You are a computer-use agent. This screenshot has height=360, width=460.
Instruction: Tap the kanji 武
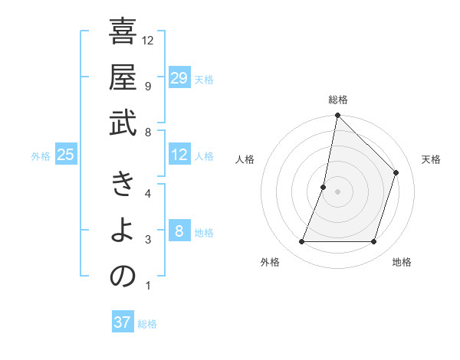[x=123, y=123]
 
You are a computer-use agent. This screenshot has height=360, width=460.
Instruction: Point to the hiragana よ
[x=123, y=231]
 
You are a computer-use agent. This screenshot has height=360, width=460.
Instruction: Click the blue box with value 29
[x=179, y=78]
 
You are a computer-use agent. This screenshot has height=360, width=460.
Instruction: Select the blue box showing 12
[x=179, y=155]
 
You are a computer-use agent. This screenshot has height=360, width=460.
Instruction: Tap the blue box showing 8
[x=179, y=232]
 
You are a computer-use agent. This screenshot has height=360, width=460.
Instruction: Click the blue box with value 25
[x=65, y=155]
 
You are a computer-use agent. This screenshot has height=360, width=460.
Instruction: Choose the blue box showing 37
[x=122, y=323]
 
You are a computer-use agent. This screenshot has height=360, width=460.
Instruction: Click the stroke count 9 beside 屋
[x=147, y=85]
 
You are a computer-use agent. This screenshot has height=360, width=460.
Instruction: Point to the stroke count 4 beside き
[x=147, y=192]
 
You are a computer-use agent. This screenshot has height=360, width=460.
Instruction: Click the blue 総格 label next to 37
[x=147, y=324]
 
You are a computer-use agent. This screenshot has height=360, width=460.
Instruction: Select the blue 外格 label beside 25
[x=41, y=156]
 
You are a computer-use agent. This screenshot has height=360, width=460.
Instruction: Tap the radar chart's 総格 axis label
[x=337, y=100]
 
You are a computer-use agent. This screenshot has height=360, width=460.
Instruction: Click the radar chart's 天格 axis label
[x=431, y=159]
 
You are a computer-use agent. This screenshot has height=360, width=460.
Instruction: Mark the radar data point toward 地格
[x=373, y=242]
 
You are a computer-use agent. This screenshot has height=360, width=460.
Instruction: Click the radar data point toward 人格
[x=324, y=187]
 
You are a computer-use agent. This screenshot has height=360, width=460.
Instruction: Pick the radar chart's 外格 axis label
[x=270, y=262]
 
